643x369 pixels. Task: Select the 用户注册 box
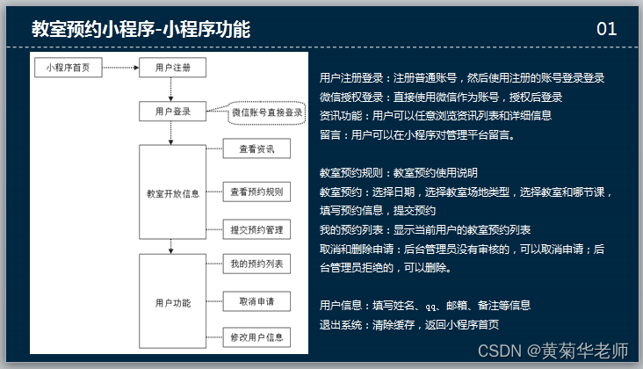[173, 68]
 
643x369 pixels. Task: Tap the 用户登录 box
[173, 112]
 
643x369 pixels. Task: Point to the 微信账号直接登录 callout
[267, 112]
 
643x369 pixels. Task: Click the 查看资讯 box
[256, 149]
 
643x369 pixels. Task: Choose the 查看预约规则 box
[256, 192]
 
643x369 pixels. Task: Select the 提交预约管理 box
[256, 230]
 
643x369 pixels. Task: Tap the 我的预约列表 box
[256, 264]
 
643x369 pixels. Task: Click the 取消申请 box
[256, 301]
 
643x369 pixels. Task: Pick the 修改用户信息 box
[256, 337]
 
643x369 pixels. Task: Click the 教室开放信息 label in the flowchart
[173, 193]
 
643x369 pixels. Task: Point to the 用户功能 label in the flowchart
[173, 302]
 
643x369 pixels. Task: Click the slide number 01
[606, 30]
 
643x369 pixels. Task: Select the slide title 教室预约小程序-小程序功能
[141, 30]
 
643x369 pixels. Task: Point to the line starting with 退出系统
[409, 324]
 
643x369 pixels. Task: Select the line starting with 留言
[417, 135]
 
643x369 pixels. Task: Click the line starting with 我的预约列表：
[425, 229]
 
